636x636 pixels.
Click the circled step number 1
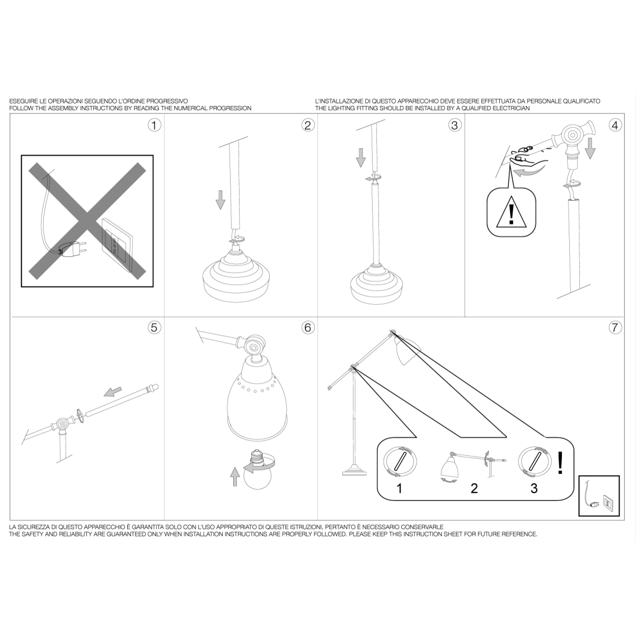pyautogui.click(x=154, y=126)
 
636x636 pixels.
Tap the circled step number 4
pyautogui.click(x=615, y=126)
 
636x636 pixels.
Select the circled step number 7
pyautogui.click(x=615, y=328)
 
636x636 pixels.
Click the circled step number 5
pyautogui.click(x=154, y=328)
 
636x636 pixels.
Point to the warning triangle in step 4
pyautogui.click(x=511, y=211)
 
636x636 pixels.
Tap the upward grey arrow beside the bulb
pyautogui.click(x=235, y=476)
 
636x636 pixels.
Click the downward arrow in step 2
pyautogui.click(x=220, y=200)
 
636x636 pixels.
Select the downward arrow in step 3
pyautogui.click(x=361, y=157)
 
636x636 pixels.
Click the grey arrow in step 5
pyautogui.click(x=113, y=392)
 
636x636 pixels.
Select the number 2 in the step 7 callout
pyautogui.click(x=474, y=489)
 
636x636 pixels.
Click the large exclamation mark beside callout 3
pyautogui.click(x=560, y=463)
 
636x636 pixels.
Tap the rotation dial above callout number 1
pyautogui.click(x=400, y=462)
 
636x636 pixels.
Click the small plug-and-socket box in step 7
pyautogui.click(x=599, y=496)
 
